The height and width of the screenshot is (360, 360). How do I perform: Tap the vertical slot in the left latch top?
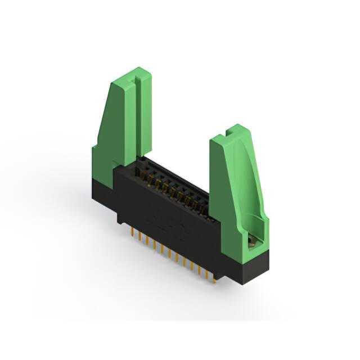(137, 84)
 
